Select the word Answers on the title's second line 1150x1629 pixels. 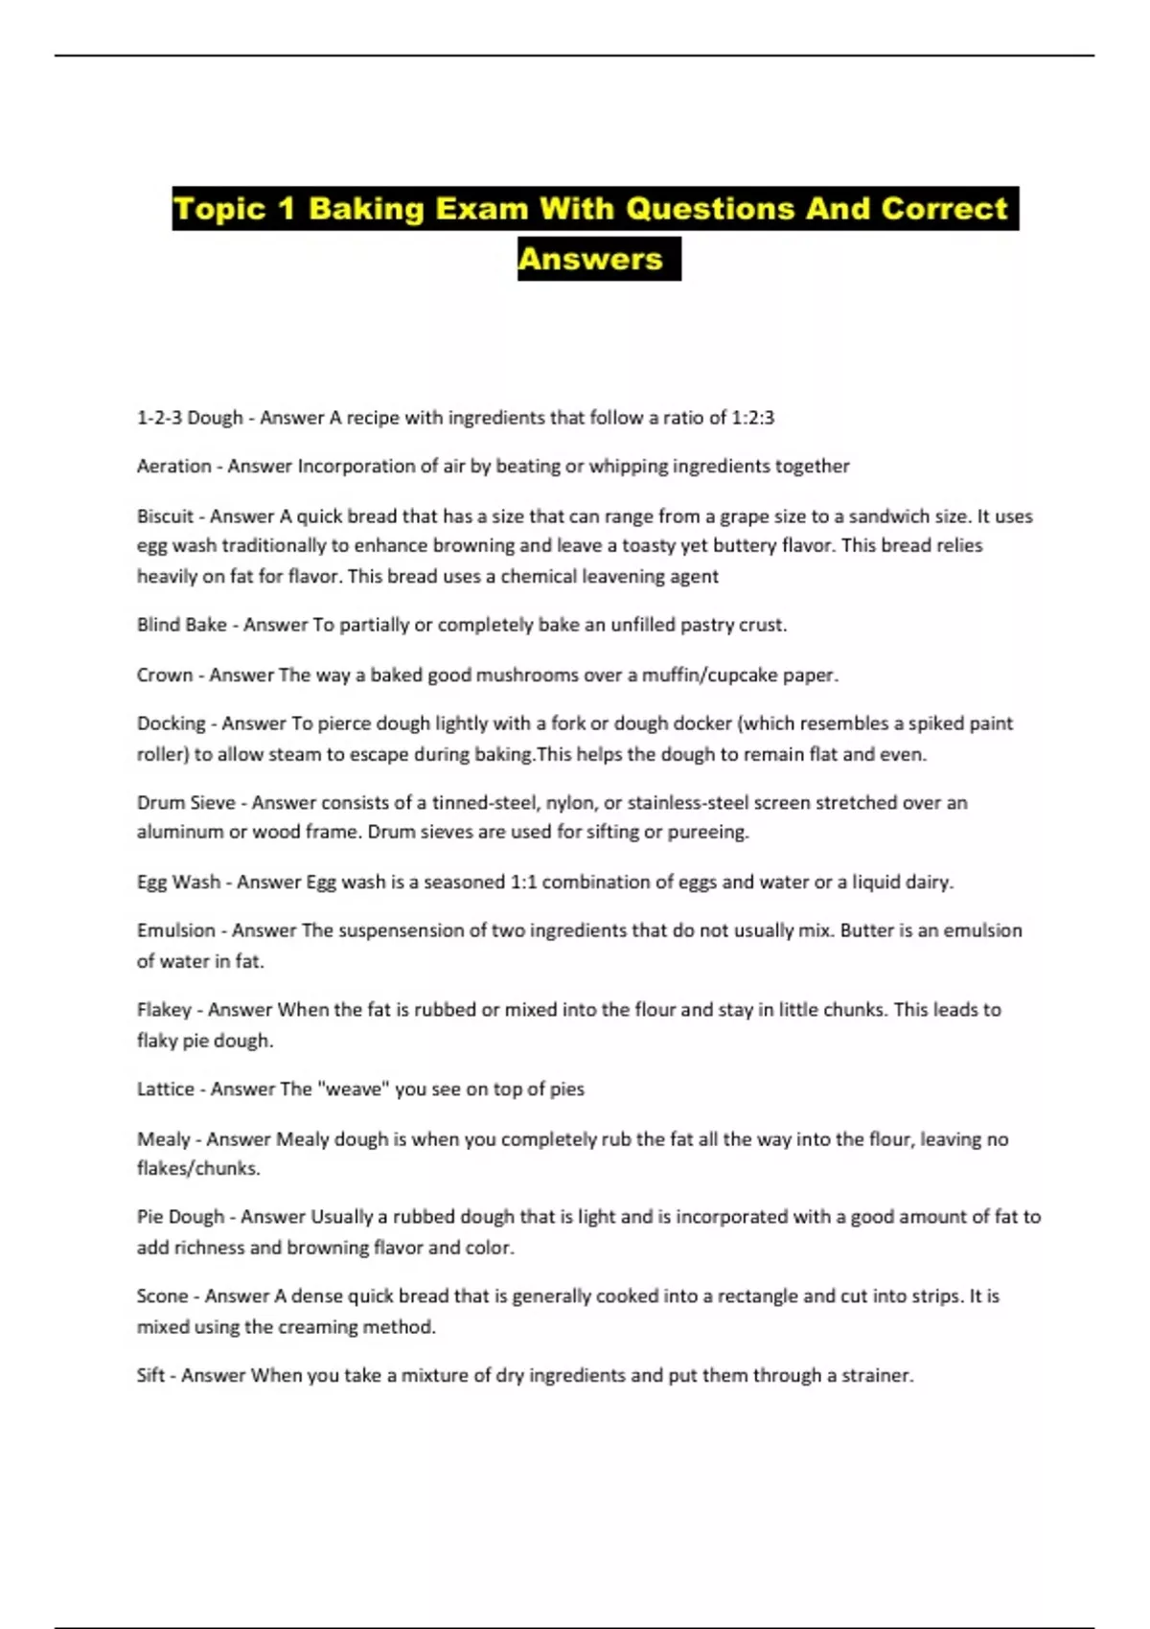pyautogui.click(x=590, y=259)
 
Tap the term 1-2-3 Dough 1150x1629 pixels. pyautogui.click(x=190, y=418)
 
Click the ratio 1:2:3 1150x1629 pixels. pyautogui.click(x=752, y=418)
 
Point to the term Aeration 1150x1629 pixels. pyautogui.click(x=174, y=467)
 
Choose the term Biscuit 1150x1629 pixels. pyautogui.click(x=165, y=516)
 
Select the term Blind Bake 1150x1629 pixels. pyautogui.click(x=182, y=625)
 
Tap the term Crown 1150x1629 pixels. pyautogui.click(x=165, y=676)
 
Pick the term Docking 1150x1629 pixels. pyautogui.click(x=172, y=723)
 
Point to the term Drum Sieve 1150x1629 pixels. pyautogui.click(x=186, y=803)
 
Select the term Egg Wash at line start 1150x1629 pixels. pyautogui.click(x=178, y=883)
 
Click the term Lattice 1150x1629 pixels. pyautogui.click(x=166, y=1090)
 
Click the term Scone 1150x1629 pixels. pyautogui.click(x=162, y=1296)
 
